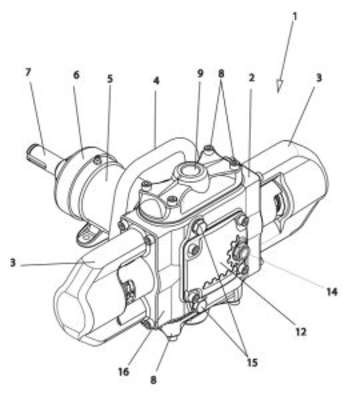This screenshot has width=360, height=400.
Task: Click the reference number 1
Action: tap(294, 16)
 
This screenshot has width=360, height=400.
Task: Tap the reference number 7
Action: tap(28, 73)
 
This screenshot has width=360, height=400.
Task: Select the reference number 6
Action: tap(76, 75)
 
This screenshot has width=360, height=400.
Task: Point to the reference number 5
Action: tap(110, 79)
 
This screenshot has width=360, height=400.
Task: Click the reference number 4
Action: tap(156, 81)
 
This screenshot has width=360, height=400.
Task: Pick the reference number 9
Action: tap(200, 73)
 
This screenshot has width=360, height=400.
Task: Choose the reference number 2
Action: tap(252, 78)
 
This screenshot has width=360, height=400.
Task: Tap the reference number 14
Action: tap(332, 292)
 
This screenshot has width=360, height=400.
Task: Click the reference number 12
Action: tap(301, 332)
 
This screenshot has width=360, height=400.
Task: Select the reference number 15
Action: tap(252, 362)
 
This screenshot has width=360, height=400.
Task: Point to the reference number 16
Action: tap(124, 371)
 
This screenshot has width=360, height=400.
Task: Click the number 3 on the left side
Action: tap(13, 263)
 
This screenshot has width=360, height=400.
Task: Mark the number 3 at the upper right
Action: tap(319, 78)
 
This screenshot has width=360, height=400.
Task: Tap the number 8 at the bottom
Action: tap(153, 380)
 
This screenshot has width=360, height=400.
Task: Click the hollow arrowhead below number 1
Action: tap(279, 86)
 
